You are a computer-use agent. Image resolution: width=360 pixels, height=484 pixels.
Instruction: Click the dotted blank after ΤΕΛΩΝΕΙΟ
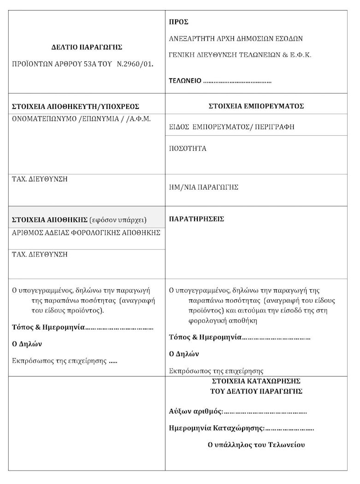pyautogui.click(x=237, y=81)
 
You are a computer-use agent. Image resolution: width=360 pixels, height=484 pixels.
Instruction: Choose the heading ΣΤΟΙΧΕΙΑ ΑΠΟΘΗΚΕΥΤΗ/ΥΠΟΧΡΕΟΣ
pyautogui.click(x=76, y=107)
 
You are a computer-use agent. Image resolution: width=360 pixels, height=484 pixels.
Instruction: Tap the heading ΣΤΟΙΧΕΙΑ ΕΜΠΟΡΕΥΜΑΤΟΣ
pyautogui.click(x=256, y=106)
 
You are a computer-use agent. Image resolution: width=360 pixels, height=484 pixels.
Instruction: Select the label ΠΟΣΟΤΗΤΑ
pyautogui.click(x=188, y=149)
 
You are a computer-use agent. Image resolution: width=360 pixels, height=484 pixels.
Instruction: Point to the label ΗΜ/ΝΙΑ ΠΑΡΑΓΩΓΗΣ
pyautogui.click(x=204, y=187)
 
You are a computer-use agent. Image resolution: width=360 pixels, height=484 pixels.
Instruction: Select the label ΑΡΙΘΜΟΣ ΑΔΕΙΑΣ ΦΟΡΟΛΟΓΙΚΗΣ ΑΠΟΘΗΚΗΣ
pyautogui.click(x=86, y=233)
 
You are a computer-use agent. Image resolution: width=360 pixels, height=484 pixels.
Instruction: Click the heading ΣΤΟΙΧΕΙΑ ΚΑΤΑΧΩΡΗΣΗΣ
pyautogui.click(x=256, y=381)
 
